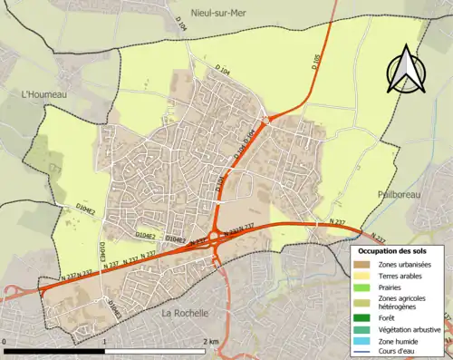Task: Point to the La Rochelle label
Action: (184, 312)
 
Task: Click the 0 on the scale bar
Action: (5, 341)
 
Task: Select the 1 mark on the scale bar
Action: (106, 341)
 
